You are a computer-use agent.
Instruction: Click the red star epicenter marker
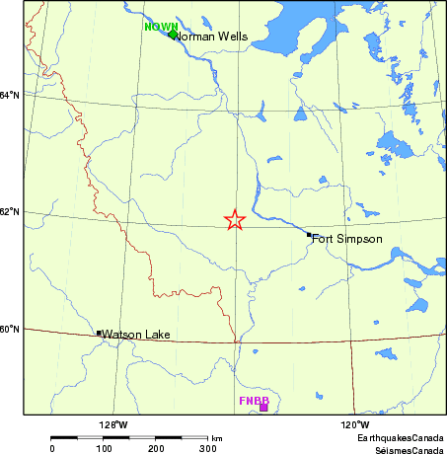point(234,220)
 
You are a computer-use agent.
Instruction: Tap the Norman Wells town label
point(212,38)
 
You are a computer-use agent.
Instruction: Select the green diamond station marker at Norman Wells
point(173,35)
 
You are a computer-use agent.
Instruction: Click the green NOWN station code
point(161,27)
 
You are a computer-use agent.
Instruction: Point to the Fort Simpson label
point(346,239)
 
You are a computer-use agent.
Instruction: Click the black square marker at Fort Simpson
point(309,235)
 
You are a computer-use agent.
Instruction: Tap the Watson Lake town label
point(136,335)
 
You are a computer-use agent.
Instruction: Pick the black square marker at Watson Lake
point(99,334)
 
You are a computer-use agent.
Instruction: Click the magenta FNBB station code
point(255,401)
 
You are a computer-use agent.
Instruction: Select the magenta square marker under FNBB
point(263,408)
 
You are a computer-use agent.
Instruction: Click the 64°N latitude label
point(10,95)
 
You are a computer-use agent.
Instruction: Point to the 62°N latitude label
point(10,212)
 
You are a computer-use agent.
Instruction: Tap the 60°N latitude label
point(10,329)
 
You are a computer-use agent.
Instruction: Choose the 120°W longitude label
point(355,424)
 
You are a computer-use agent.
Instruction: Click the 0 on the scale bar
point(52,448)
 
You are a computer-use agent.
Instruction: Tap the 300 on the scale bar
point(208,448)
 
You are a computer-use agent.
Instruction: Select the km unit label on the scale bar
point(216,438)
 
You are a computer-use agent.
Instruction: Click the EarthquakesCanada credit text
point(400,436)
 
